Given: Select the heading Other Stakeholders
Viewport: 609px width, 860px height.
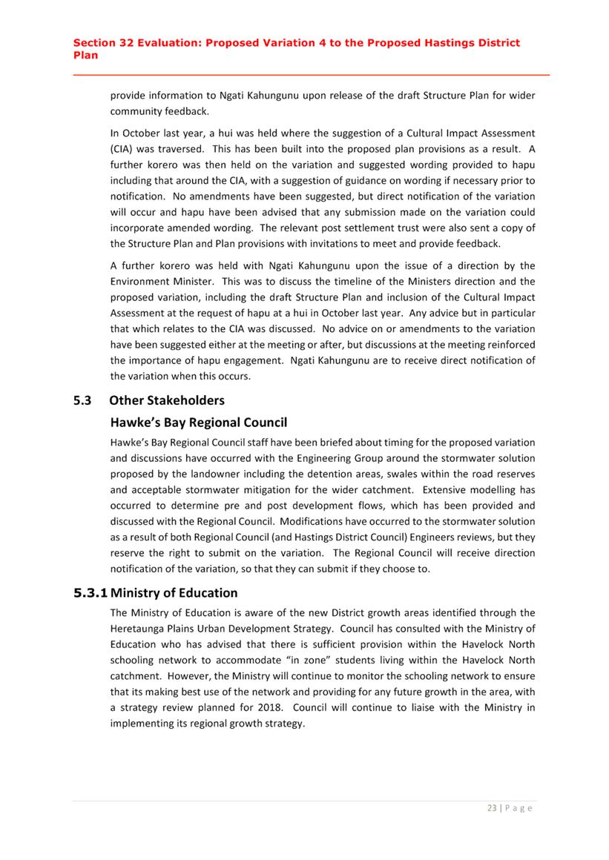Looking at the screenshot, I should [x=166, y=400].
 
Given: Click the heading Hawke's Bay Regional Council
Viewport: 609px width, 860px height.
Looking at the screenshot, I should [x=198, y=423].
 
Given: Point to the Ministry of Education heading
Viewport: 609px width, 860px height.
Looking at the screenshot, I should [x=174, y=593].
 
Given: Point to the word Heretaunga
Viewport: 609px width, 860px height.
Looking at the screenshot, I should [x=139, y=629].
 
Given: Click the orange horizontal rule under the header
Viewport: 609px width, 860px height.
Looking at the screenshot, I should [x=311, y=75].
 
